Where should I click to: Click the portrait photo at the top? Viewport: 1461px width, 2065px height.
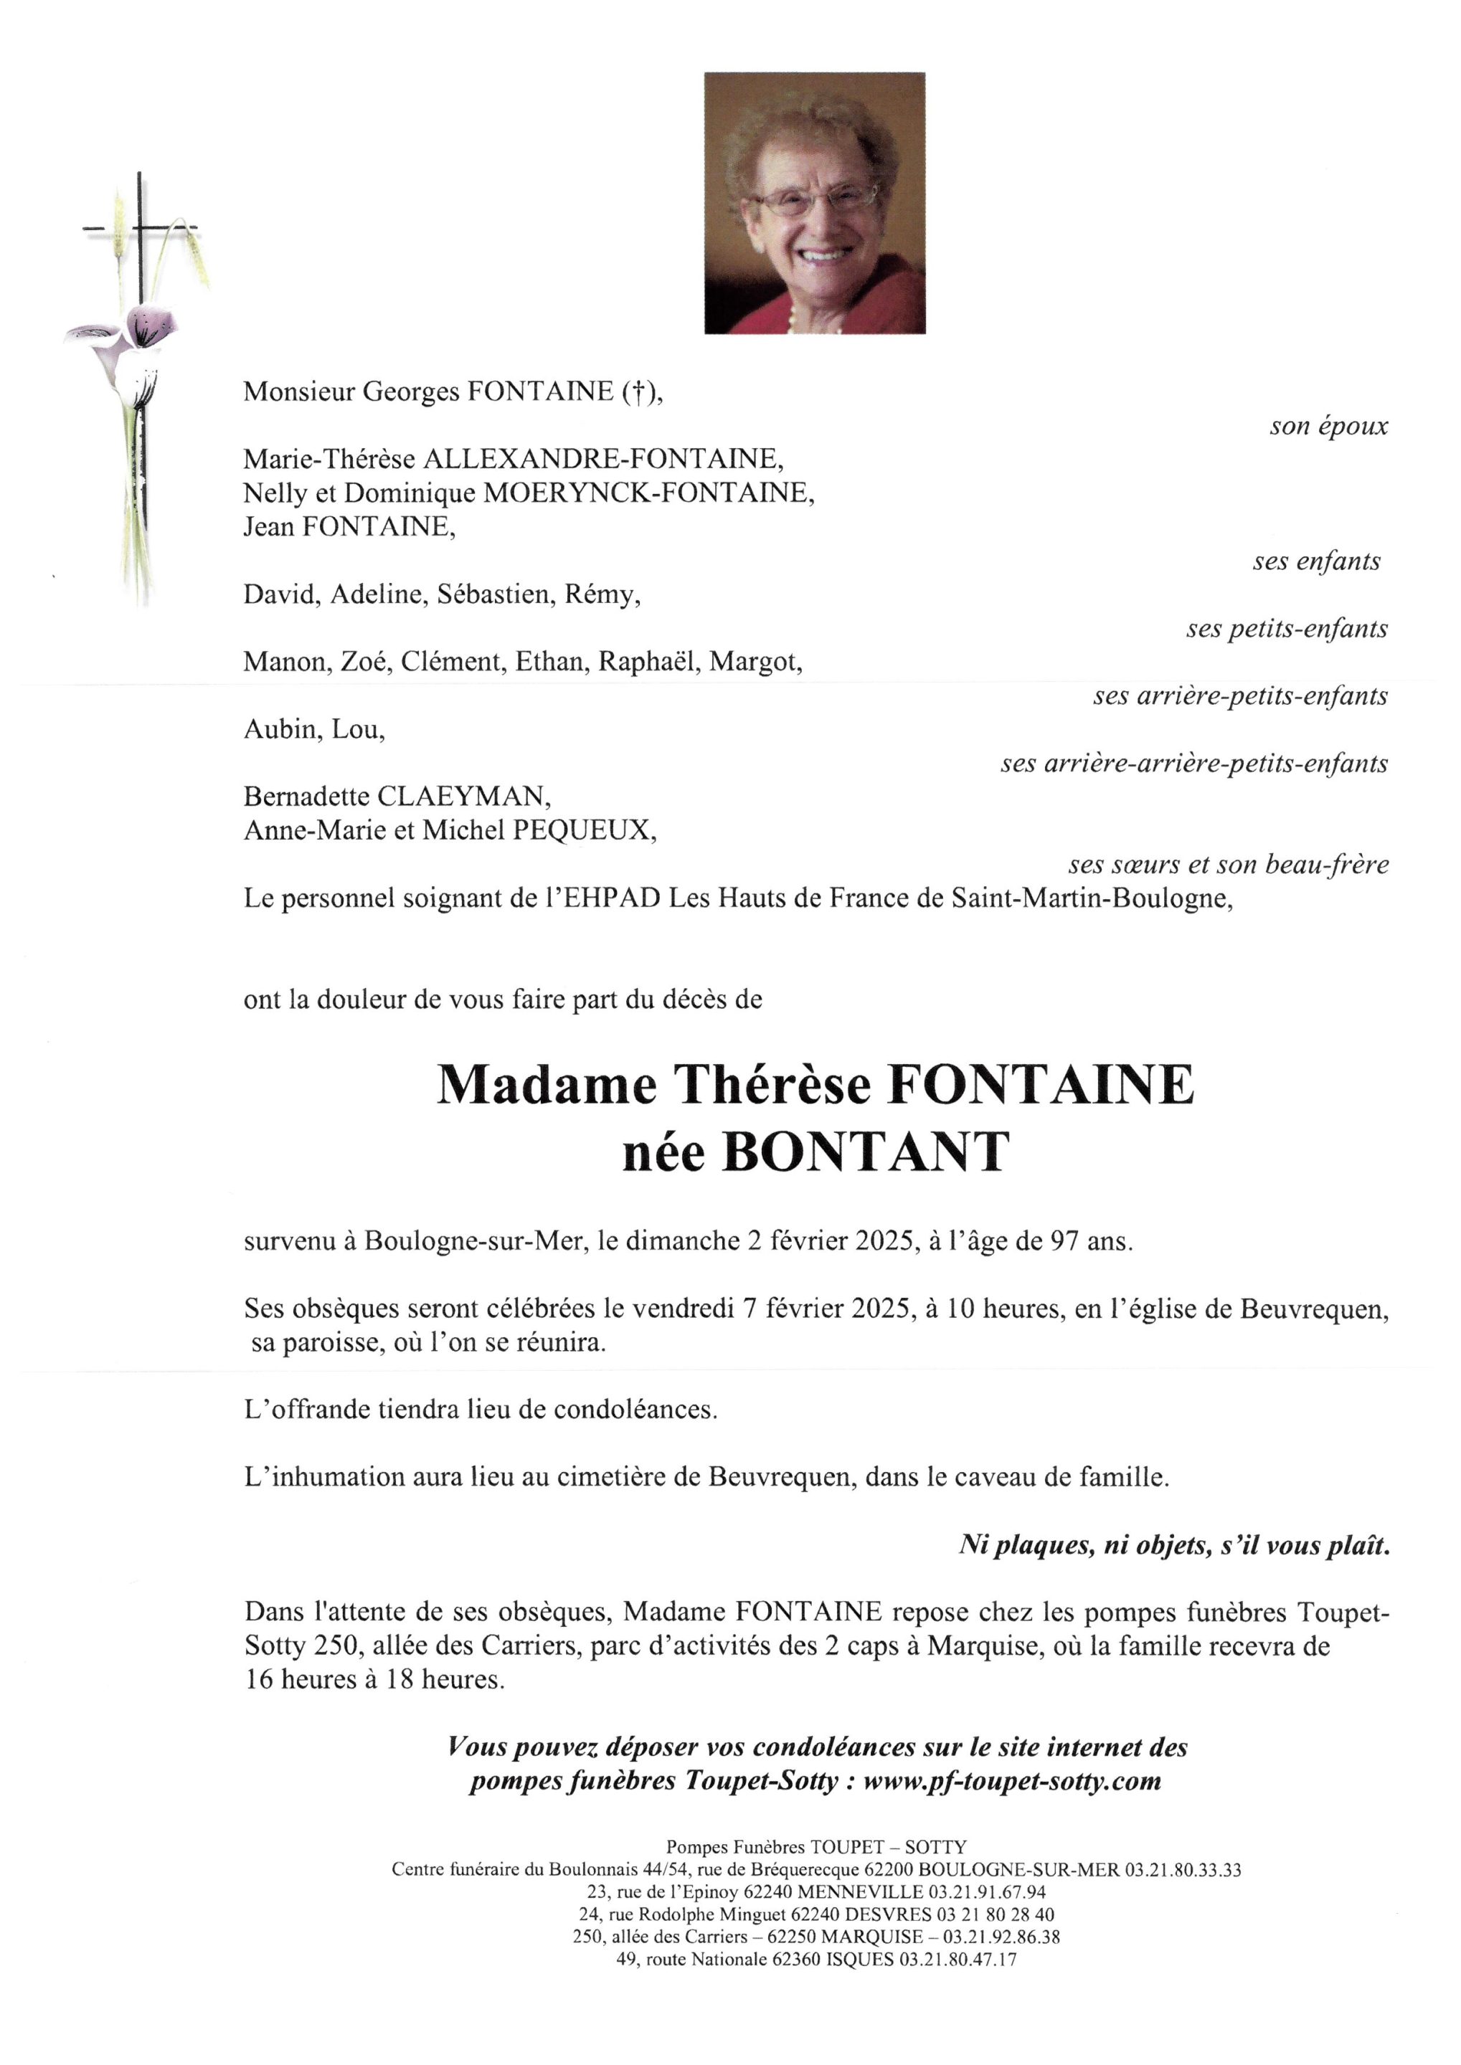814,203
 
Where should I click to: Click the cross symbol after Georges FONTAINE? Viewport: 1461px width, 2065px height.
636,392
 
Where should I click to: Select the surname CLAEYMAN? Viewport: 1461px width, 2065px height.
463,797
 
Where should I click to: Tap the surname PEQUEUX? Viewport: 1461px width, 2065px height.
583,830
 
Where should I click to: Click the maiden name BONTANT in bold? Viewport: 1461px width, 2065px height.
866,1152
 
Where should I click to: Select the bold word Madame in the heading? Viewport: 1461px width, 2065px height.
546,1085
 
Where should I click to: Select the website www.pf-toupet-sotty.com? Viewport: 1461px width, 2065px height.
1011,1781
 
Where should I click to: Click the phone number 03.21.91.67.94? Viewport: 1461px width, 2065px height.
987,1892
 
